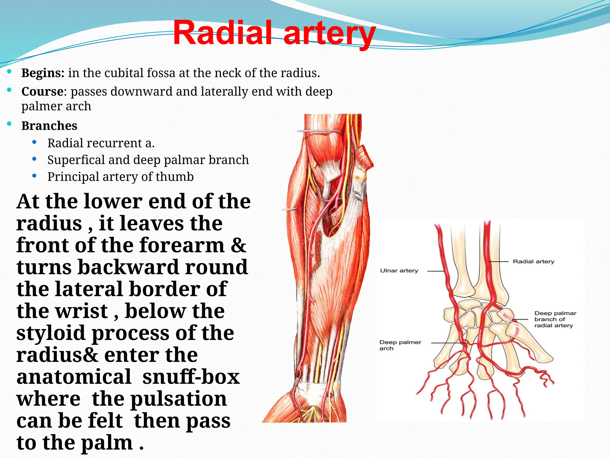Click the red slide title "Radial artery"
click(x=274, y=32)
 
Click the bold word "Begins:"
click(x=43, y=73)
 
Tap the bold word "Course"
click(x=42, y=92)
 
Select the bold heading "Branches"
click(x=49, y=126)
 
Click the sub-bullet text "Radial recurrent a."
click(x=101, y=143)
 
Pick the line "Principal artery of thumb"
click(x=120, y=177)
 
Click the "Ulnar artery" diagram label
click(x=399, y=271)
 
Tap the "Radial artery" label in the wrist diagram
click(x=533, y=262)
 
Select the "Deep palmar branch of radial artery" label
click(x=555, y=319)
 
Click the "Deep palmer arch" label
click(x=400, y=345)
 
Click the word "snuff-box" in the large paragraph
click(x=191, y=377)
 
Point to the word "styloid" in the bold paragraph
click(x=51, y=333)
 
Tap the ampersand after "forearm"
click(x=239, y=245)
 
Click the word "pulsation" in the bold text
click(x=178, y=399)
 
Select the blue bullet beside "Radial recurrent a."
click(x=35, y=143)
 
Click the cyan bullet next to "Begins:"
click(x=9, y=71)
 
